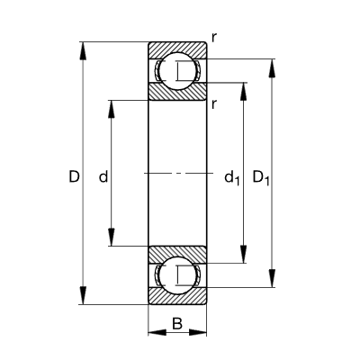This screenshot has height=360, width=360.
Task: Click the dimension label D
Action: [x=74, y=176]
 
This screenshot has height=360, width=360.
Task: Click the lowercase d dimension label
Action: [x=103, y=176]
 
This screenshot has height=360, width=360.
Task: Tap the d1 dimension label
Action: [x=232, y=177]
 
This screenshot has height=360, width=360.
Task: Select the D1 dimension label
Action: [x=261, y=177]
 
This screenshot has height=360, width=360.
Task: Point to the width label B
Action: [x=177, y=324]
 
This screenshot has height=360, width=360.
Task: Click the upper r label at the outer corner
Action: [x=214, y=38]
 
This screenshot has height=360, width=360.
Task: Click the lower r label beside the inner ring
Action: [x=214, y=104]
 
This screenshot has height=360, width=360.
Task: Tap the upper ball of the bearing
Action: [x=177, y=70]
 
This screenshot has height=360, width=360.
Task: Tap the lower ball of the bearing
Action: [x=177, y=275]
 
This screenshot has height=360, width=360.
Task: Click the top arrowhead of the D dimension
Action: [x=83, y=51]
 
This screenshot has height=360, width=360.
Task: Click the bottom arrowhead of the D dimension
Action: [x=83, y=295]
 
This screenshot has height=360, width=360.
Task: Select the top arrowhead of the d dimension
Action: [x=112, y=109]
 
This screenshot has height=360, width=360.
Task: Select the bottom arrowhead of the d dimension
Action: [x=112, y=237]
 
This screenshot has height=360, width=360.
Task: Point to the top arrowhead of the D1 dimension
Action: [x=272, y=68]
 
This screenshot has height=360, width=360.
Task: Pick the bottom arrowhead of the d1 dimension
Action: [x=244, y=254]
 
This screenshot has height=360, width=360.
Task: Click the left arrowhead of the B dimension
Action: [x=157, y=332]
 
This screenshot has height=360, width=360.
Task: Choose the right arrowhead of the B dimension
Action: [x=198, y=332]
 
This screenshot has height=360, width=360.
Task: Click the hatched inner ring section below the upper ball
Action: [x=177, y=93]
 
